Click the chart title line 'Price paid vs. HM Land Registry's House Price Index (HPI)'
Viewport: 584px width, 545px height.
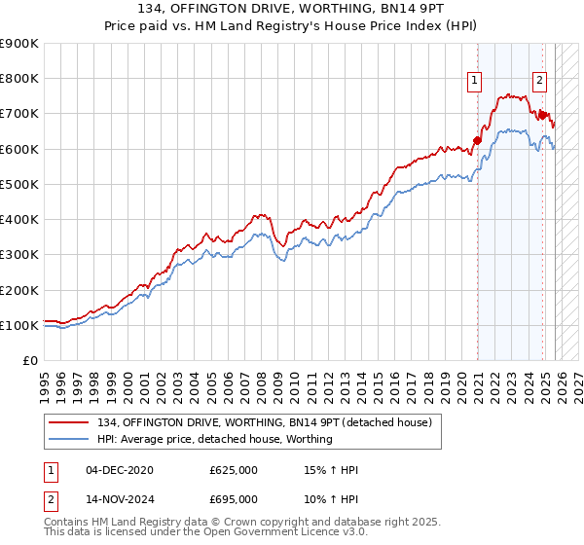pyautogui.click(x=291, y=27)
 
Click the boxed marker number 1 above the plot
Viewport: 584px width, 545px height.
pyautogui.click(x=474, y=82)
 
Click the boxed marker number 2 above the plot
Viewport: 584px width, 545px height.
pyautogui.click(x=539, y=82)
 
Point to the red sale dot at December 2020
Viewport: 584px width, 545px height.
pyautogui.click(x=477, y=139)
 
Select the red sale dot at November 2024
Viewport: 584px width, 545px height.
pyautogui.click(x=542, y=115)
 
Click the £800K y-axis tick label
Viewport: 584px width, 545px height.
pyautogui.click(x=18, y=79)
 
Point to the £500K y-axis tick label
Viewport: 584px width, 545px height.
pyautogui.click(x=18, y=184)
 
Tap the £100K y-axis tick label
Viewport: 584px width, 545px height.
pyautogui.click(x=18, y=325)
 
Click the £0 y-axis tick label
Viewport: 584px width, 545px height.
pyautogui.click(x=29, y=361)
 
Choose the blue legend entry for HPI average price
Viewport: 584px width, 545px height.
pyautogui.click(x=214, y=439)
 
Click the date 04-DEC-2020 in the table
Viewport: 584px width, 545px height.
pyautogui.click(x=120, y=470)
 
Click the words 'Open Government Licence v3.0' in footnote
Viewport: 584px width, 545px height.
pyautogui.click(x=283, y=534)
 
